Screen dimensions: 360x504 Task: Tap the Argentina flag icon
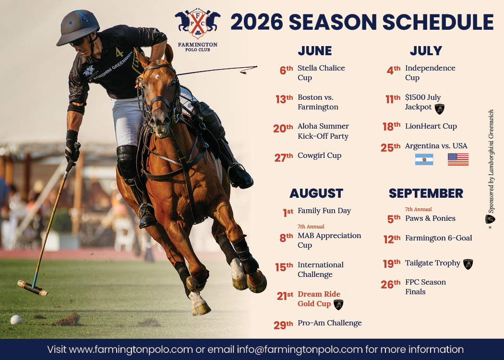(x=424, y=159)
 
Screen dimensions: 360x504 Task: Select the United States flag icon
(x=458, y=159)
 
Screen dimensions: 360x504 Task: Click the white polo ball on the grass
(x=16, y=319)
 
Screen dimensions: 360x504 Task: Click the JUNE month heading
(x=314, y=51)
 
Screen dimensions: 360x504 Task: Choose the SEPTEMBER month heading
(x=426, y=193)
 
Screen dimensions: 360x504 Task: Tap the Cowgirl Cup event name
(x=319, y=156)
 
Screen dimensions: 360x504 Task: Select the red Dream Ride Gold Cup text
(x=319, y=299)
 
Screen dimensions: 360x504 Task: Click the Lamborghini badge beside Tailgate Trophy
(x=468, y=264)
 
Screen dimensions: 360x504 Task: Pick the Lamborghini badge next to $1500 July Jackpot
(x=439, y=108)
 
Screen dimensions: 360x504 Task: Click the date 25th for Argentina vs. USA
(x=390, y=148)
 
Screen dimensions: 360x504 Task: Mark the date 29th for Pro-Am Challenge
(x=283, y=325)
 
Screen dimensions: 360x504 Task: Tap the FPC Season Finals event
(x=425, y=287)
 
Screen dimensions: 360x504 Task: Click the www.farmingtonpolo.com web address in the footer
(x=131, y=349)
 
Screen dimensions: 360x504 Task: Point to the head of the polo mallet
(x=33, y=288)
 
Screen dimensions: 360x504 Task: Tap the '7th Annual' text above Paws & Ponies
(x=418, y=209)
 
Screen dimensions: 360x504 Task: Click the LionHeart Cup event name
(x=431, y=126)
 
